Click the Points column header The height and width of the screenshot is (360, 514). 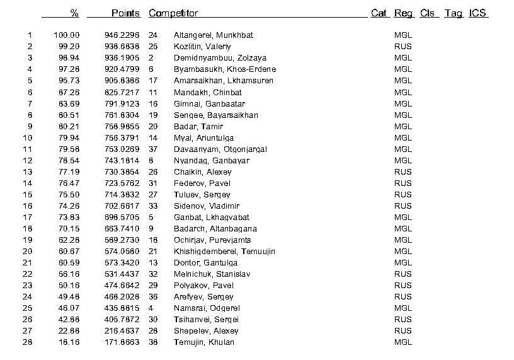(125, 13)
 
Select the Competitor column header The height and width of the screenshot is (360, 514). (173, 13)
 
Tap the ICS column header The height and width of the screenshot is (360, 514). (477, 13)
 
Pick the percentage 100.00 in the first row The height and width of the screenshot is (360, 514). (67, 35)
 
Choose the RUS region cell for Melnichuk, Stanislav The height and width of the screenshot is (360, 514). (403, 274)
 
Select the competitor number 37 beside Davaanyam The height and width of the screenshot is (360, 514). (153, 149)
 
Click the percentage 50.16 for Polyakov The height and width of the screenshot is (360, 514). (69, 285)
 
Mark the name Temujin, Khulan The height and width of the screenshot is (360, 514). (204, 342)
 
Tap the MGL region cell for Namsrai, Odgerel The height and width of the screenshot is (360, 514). (403, 308)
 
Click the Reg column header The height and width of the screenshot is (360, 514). (404, 13)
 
